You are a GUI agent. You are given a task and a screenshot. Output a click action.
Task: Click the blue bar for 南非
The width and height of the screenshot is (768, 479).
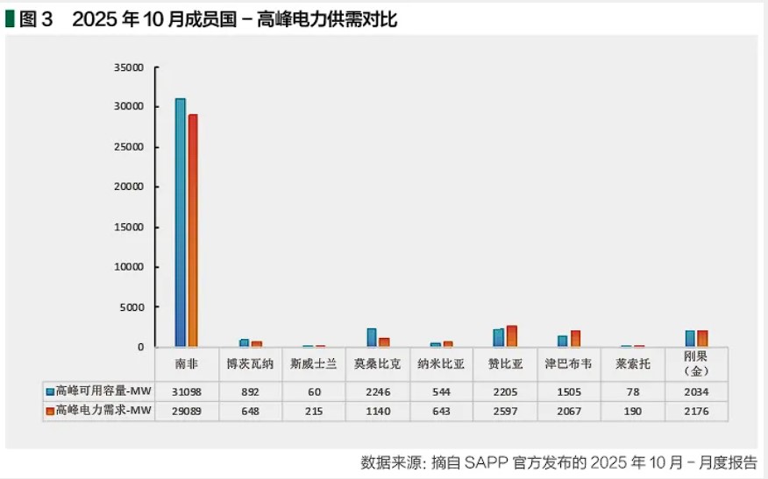pyautogui.click(x=180, y=222)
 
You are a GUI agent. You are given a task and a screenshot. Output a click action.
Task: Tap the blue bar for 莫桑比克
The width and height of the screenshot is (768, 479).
pyautogui.click(x=372, y=337)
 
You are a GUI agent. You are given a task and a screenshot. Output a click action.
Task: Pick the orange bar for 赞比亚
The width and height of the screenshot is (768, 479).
pyautogui.click(x=512, y=336)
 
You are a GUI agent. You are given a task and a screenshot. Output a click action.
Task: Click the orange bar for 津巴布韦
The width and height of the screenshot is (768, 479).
pyautogui.click(x=575, y=338)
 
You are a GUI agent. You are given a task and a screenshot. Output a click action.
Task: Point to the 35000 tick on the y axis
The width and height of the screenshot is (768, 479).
pyautogui.click(x=129, y=67)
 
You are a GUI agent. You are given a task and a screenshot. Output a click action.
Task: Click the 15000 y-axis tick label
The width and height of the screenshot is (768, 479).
pyautogui.click(x=129, y=227)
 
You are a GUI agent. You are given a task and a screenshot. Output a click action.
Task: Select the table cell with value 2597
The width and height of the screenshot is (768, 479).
pyautogui.click(x=504, y=411)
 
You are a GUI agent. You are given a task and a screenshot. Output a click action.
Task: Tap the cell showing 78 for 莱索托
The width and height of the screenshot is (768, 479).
pyautogui.click(x=632, y=391)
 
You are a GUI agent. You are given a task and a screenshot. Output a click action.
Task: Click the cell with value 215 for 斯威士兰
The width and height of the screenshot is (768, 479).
pyautogui.click(x=314, y=411)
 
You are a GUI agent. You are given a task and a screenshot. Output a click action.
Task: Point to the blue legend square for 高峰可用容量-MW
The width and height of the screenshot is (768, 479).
pyautogui.click(x=50, y=391)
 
